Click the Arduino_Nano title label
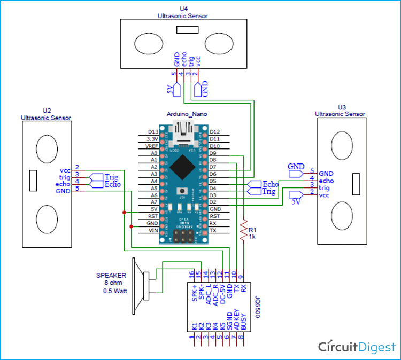coord(187,114)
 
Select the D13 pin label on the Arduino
coord(152,132)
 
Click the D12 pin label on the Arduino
coord(215,132)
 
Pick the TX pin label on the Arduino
coord(213,230)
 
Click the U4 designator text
coord(183,9)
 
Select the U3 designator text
coord(342,107)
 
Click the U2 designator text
coord(45,111)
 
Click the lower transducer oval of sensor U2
coord(46,220)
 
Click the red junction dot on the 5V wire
coord(125,212)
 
